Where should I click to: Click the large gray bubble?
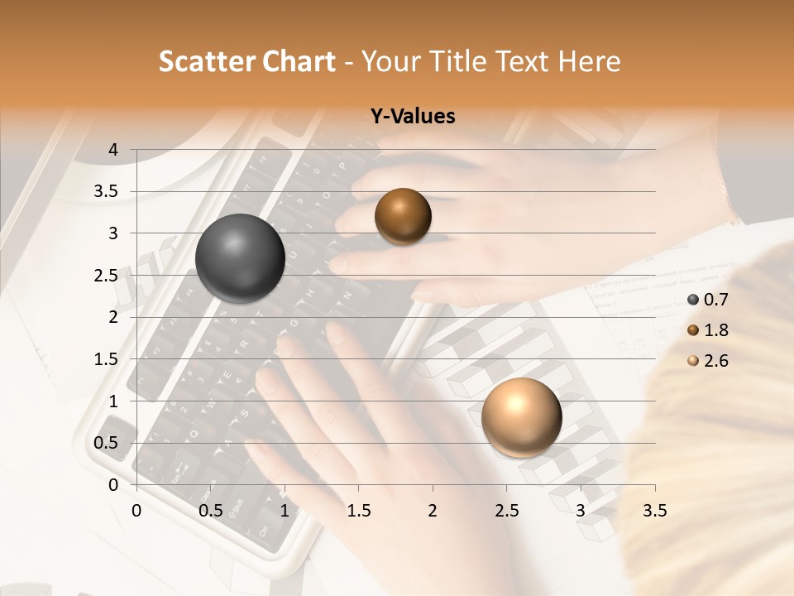[240, 258]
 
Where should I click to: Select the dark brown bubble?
[403, 216]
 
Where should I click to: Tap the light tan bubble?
[521, 417]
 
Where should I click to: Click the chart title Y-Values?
[413, 117]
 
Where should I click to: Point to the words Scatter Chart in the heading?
[246, 61]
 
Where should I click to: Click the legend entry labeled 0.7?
[708, 300]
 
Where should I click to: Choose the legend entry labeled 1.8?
[708, 330]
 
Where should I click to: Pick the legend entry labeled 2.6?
[708, 361]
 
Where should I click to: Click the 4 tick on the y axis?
[113, 150]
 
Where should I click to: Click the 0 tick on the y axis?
[113, 485]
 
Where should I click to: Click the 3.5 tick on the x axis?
[655, 511]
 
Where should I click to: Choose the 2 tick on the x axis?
[433, 511]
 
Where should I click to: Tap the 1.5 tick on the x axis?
[358, 511]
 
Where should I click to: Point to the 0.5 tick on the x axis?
[210, 511]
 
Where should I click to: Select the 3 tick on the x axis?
[581, 511]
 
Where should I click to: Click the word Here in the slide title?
[590, 61]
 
